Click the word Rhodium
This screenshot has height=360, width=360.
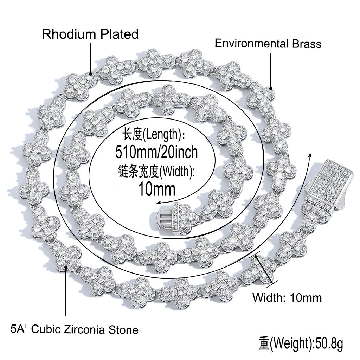pyautogui.click(x=69, y=34)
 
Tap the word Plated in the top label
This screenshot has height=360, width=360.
pyautogui.click(x=120, y=34)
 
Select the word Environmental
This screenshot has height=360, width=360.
pyautogui.click(x=251, y=43)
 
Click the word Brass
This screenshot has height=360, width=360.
pyautogui.click(x=307, y=44)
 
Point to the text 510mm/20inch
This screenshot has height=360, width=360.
pyautogui.click(x=156, y=152)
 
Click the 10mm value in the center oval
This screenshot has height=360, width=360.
pyautogui.click(x=157, y=189)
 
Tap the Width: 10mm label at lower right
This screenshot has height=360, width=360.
pyautogui.click(x=287, y=298)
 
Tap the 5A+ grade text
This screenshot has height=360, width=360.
pyautogui.click(x=19, y=329)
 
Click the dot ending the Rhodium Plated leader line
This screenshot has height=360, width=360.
pyautogui.click(x=91, y=74)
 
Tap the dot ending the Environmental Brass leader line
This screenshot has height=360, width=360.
pyautogui.click(x=271, y=88)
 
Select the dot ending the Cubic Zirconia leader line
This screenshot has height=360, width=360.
pyautogui.click(x=66, y=267)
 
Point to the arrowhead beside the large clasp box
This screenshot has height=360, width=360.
pyautogui.click(x=310, y=155)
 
